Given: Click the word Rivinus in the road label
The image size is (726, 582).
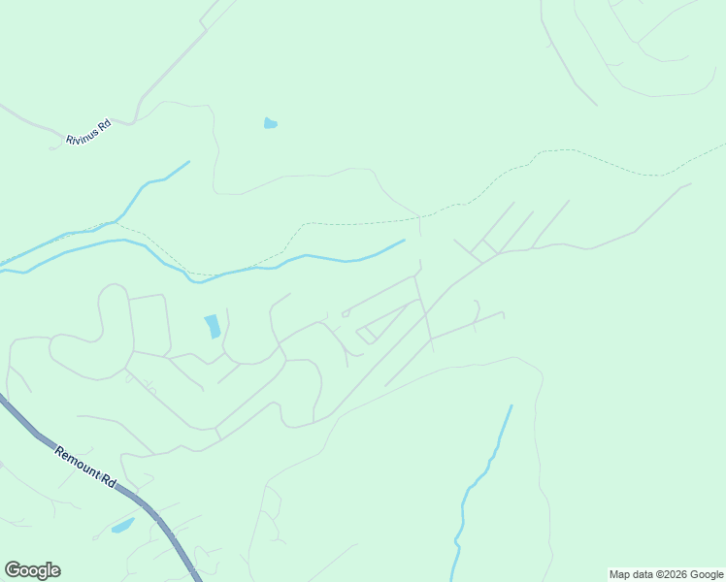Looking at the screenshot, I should click(82, 134).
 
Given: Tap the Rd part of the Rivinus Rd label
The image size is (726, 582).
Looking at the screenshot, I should click(105, 124).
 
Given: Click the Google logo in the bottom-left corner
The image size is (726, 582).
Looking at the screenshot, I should click(32, 570).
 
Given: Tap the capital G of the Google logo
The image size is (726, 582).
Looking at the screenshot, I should click(12, 570).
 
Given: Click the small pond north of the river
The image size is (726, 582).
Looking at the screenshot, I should click(271, 123).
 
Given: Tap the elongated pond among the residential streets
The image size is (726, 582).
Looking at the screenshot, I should click(212, 327).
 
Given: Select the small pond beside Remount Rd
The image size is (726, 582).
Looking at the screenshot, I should click(123, 526).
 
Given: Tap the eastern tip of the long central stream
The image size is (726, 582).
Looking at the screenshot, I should click(403, 241).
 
